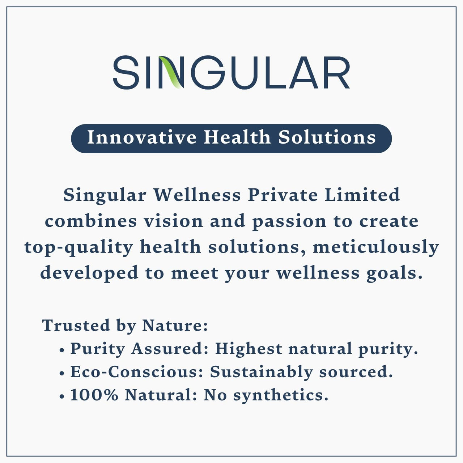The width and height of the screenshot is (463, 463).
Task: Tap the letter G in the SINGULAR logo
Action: point(205,72)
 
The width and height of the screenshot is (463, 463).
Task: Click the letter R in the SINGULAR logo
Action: point(335,72)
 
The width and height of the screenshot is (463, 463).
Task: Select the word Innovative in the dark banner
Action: point(142,138)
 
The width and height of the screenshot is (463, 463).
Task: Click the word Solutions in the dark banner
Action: point(327,138)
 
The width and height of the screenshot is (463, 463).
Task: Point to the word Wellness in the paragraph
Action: point(197,195)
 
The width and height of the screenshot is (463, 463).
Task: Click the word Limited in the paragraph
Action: point(362,195)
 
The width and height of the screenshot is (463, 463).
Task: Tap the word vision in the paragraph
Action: point(174,221)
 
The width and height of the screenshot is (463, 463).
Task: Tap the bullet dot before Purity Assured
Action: point(62,351)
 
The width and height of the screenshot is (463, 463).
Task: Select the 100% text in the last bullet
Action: point(94,395)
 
